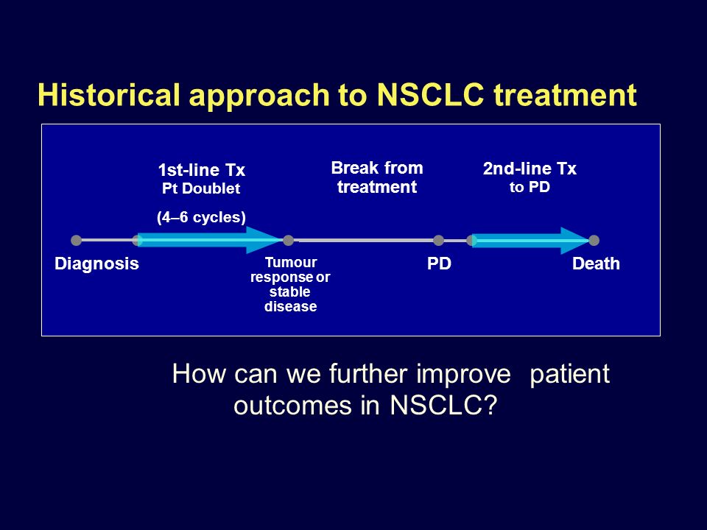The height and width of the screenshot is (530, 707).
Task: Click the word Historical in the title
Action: coord(109,95)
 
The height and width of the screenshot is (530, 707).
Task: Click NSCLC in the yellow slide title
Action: coord(430,95)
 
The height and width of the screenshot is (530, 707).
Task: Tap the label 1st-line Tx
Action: coord(202,170)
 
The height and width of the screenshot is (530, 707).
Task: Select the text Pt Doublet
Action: coord(201,188)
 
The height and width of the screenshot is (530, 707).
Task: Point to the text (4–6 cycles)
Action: coord(201,217)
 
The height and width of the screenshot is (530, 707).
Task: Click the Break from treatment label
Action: coord(377,177)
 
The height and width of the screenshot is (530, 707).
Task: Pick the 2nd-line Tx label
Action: coord(530,169)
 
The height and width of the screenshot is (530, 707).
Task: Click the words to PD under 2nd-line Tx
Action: coord(530,187)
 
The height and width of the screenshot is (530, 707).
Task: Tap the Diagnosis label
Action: coord(96,264)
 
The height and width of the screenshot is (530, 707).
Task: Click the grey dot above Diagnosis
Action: coord(76,240)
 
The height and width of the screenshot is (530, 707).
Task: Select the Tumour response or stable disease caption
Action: coord(290,284)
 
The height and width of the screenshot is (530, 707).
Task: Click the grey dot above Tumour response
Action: coord(288,240)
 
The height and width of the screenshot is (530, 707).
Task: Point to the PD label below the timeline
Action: coord(439,264)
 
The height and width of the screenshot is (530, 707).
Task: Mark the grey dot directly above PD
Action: coord(438,240)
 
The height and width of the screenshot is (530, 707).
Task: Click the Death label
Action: coord(596,264)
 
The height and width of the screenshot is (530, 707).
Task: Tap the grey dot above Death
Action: coord(594,240)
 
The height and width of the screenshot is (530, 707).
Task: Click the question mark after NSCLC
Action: coord(490,405)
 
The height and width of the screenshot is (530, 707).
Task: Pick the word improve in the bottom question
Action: coord(463,375)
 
